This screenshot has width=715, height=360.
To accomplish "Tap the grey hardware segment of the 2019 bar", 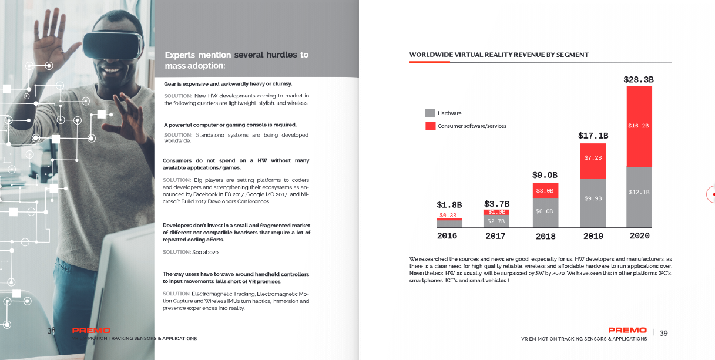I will (x=593, y=203).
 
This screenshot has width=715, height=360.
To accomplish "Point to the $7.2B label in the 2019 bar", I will (x=593, y=158).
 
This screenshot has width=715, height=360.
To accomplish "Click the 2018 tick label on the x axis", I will (x=545, y=236).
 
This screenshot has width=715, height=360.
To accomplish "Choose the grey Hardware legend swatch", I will (x=430, y=113).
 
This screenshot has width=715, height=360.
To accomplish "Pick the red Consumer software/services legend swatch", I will (x=430, y=126).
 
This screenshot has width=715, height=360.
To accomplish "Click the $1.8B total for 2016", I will (x=449, y=205).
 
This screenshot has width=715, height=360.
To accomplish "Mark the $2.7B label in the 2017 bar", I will (x=496, y=221).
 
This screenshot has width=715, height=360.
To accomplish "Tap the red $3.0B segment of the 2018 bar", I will (x=545, y=191).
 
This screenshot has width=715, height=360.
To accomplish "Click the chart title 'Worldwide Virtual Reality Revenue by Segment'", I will (x=499, y=55).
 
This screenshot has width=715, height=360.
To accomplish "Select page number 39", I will (x=663, y=333).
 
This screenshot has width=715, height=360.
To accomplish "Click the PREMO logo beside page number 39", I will (x=627, y=330).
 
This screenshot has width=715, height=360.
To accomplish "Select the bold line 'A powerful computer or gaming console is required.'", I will (x=230, y=125).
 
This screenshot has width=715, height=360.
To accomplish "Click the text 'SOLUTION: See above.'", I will (x=191, y=252).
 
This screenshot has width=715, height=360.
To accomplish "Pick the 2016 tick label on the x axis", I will (x=447, y=235).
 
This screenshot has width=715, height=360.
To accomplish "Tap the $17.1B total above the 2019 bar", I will (x=593, y=136).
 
